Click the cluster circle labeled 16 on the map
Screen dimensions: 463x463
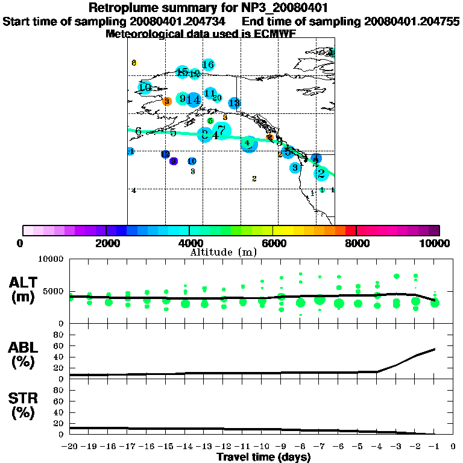click(x=209, y=65)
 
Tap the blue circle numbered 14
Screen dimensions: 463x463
click(x=194, y=99)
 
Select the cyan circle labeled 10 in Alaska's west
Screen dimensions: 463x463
click(x=145, y=87)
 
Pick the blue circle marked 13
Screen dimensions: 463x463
click(x=235, y=103)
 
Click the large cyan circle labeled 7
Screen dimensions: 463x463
click(x=222, y=130)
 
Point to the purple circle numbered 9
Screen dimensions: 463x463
click(x=174, y=161)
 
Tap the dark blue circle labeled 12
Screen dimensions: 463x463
click(x=165, y=154)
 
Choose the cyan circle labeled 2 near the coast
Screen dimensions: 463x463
click(x=321, y=174)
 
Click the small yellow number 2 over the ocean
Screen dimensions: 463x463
click(x=254, y=178)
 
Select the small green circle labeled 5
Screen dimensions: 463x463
click(x=210, y=121)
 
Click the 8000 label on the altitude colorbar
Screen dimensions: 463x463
click(x=357, y=243)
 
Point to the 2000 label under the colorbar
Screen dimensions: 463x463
click(x=106, y=243)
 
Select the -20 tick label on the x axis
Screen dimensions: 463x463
click(x=70, y=447)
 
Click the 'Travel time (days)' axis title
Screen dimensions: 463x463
click(x=263, y=457)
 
